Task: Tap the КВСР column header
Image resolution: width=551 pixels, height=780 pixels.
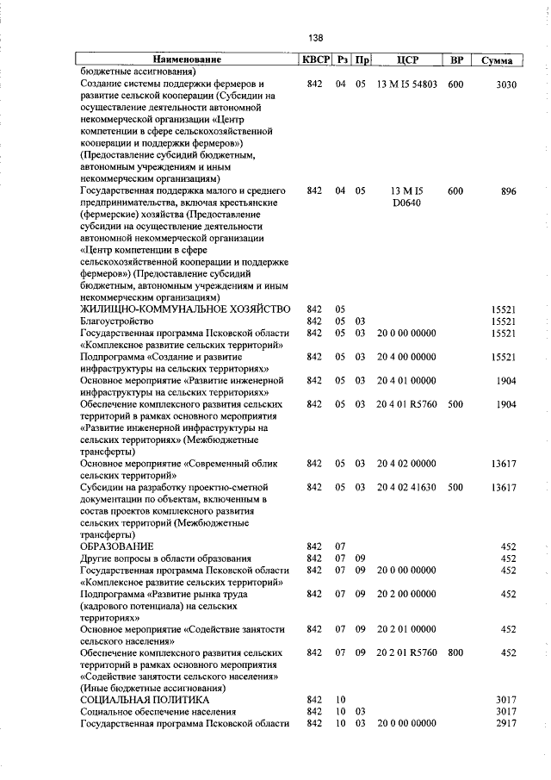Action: tap(314, 60)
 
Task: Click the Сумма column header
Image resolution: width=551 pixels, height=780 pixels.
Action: tap(498, 60)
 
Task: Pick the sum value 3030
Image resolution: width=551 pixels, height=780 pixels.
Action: tap(505, 84)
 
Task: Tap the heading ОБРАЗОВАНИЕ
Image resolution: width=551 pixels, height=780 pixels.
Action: tap(116, 546)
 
